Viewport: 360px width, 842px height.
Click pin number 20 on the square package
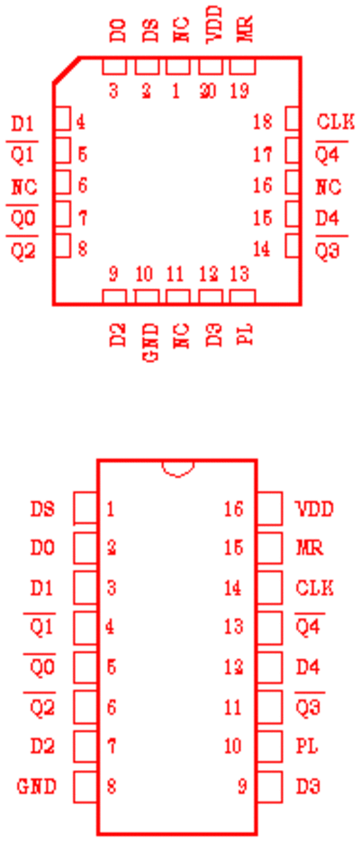click(208, 92)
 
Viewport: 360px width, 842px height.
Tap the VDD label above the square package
click(213, 23)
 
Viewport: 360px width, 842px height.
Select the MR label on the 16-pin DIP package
click(310, 548)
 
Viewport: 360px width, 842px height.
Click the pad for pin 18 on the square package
click(292, 119)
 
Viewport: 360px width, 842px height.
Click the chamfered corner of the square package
click(66, 70)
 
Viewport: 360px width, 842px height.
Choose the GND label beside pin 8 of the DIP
click(37, 787)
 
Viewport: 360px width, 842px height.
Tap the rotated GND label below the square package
click(151, 342)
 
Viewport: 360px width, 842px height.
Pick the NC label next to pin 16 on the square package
click(328, 187)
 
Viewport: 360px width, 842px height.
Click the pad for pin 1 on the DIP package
click(85, 508)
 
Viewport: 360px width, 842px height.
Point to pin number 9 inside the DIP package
click(242, 787)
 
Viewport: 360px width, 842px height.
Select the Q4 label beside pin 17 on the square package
click(327, 156)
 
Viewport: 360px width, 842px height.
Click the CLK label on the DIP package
click(314, 588)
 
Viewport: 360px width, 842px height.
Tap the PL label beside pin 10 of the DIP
click(307, 747)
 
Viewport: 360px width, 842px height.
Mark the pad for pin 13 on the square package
click(242, 296)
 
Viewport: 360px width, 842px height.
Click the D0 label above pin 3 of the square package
click(118, 32)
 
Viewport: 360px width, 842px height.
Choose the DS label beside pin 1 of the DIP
click(42, 509)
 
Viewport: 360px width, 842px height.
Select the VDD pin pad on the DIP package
click(270, 508)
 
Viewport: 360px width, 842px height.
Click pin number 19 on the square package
click(238, 92)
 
